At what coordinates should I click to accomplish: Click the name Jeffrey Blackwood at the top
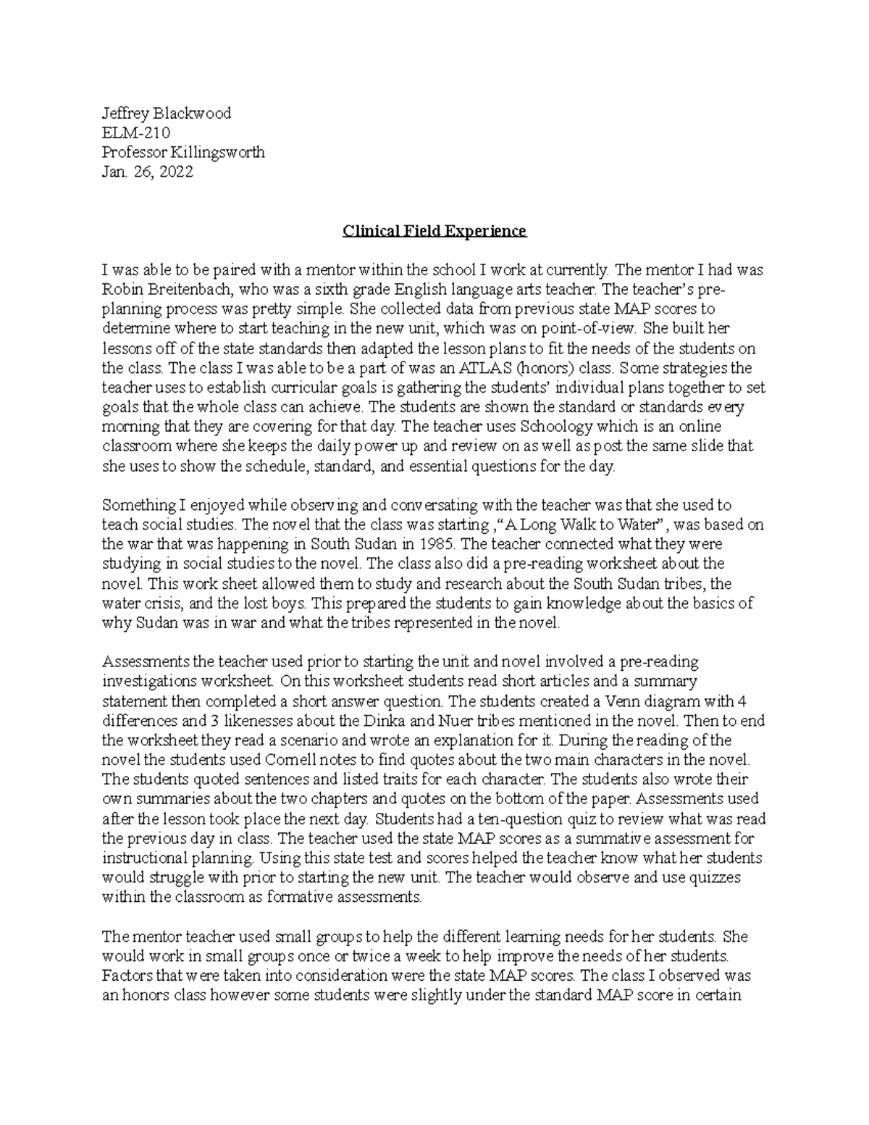point(167,113)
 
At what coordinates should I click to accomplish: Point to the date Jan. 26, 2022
point(148,172)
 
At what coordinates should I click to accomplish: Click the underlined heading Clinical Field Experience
point(434,231)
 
